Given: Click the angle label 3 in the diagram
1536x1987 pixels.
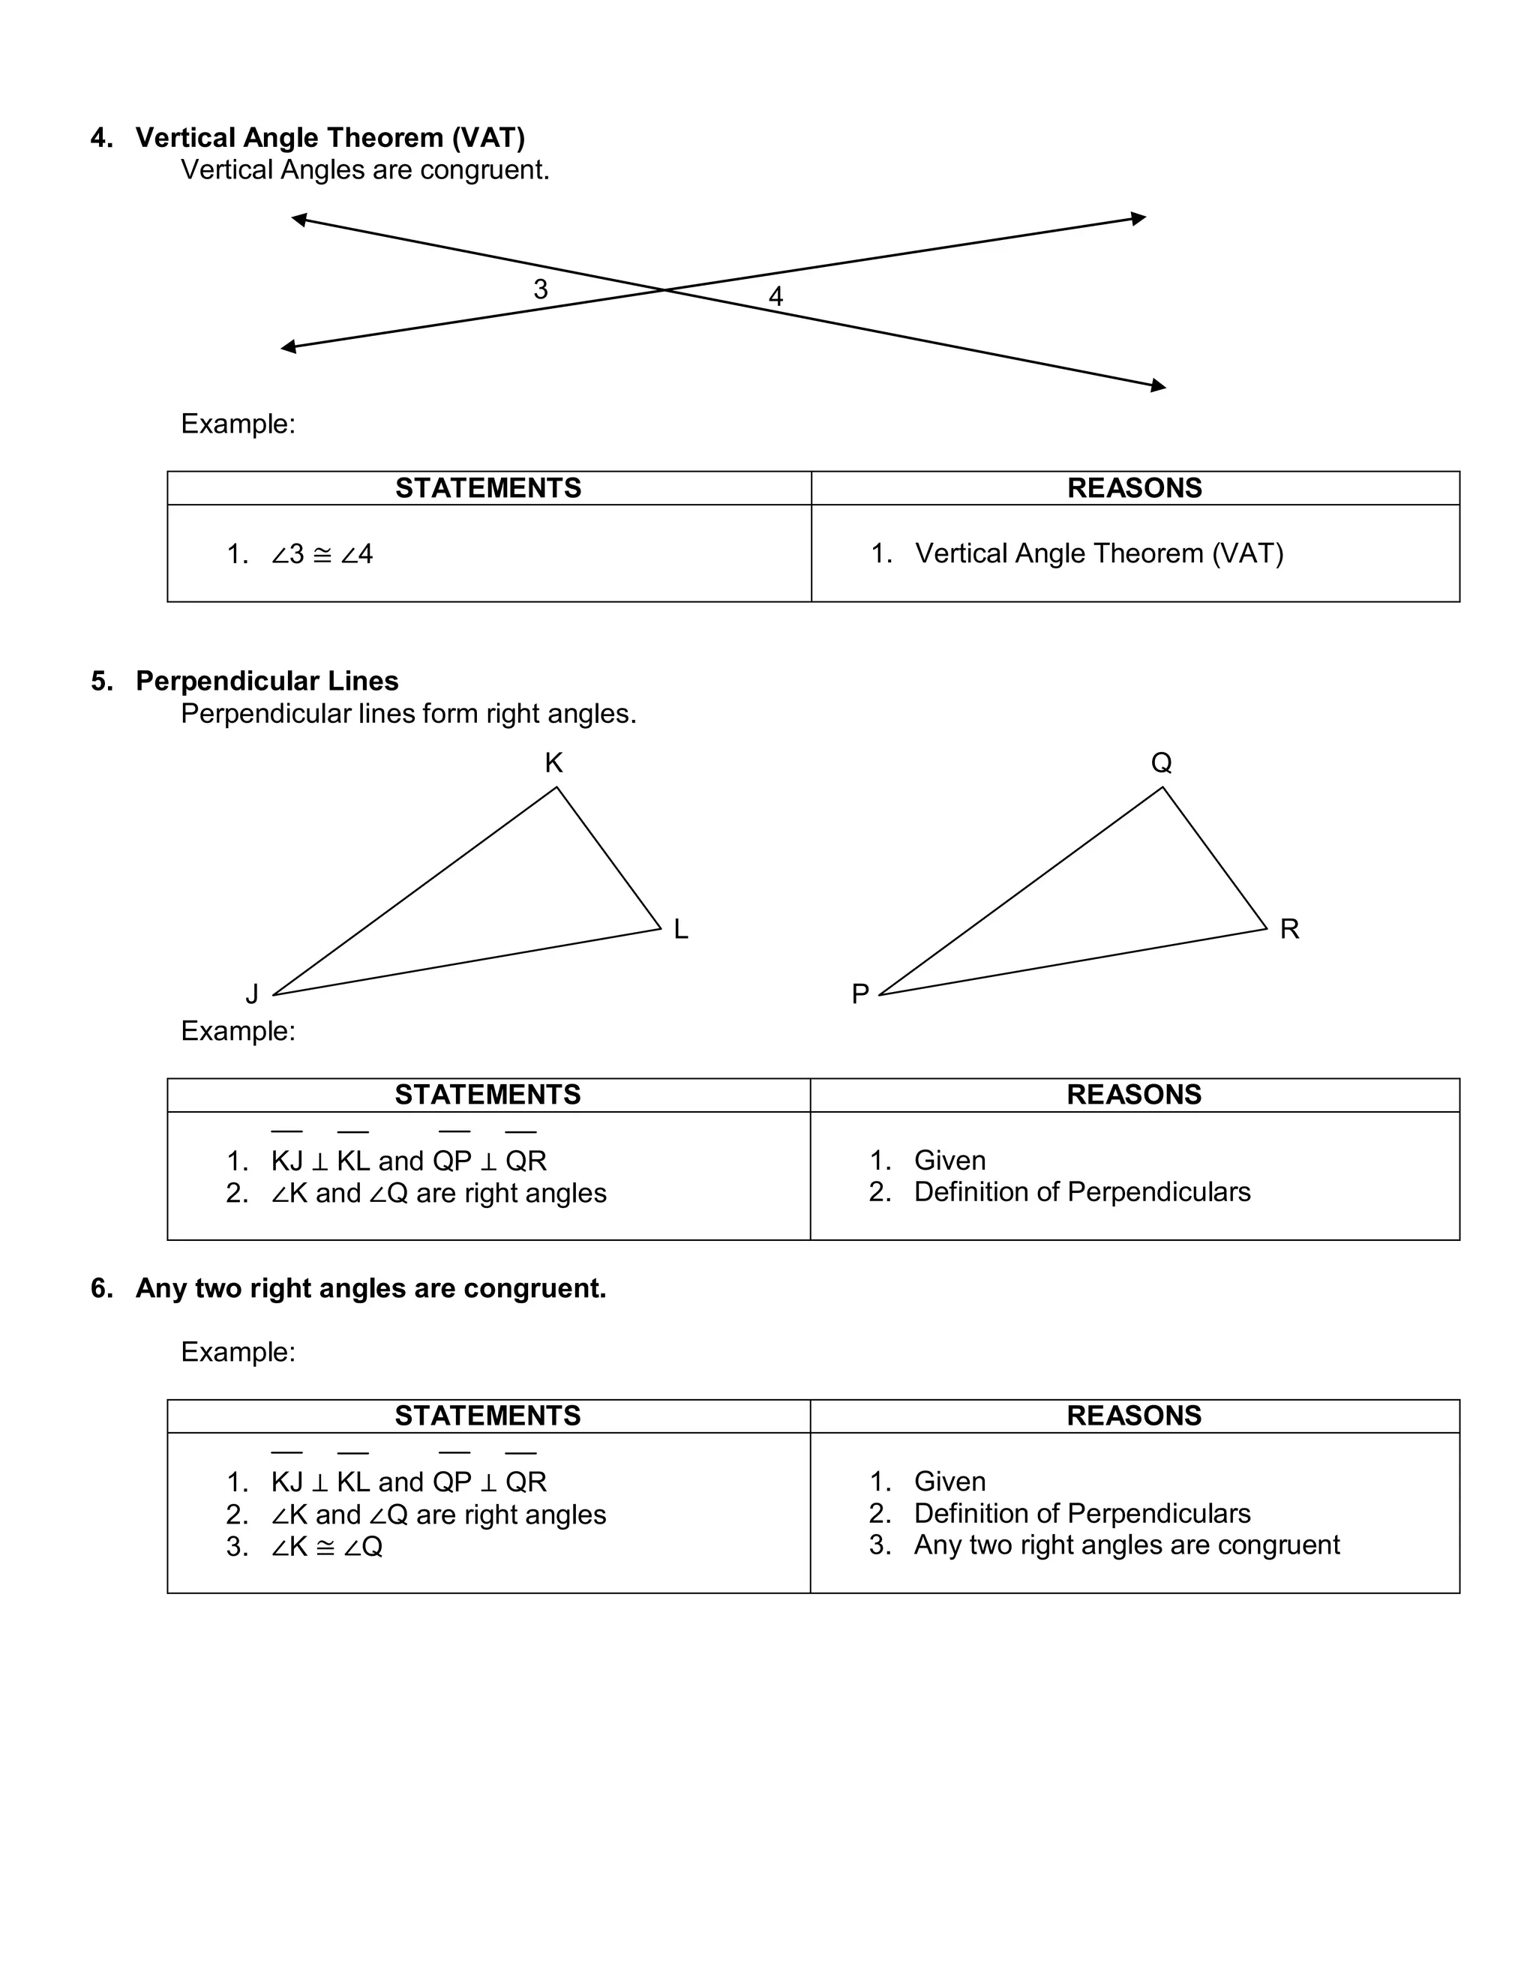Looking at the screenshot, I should [x=541, y=289].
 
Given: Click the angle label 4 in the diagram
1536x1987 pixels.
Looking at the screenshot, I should [x=775, y=297].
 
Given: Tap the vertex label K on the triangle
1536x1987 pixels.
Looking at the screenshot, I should [x=553, y=763].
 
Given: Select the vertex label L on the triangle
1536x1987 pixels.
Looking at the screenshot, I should [x=681, y=930].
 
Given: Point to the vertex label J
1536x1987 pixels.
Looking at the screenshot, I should [x=252, y=994].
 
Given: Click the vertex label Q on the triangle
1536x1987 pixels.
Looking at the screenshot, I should [x=1161, y=763].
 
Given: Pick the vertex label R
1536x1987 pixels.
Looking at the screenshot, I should [x=1289, y=930].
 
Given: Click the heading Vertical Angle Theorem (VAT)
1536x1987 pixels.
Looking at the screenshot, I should [x=330, y=137].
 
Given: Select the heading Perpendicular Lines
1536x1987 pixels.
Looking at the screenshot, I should [x=266, y=682].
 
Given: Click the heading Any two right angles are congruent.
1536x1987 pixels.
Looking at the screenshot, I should [x=370, y=1288].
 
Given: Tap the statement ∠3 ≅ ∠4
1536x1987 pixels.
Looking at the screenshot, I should [x=322, y=554].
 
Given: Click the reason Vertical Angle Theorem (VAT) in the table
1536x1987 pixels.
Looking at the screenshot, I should [x=1098, y=553].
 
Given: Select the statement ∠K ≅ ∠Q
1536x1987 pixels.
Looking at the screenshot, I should [x=327, y=1547].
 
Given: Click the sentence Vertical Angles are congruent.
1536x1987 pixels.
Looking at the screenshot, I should [x=365, y=170].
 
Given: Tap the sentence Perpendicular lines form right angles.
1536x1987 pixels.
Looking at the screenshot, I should [x=409, y=714].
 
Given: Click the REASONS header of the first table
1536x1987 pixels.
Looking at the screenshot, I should [x=1134, y=489].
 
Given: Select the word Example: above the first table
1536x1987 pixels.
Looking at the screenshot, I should [x=238, y=424].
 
